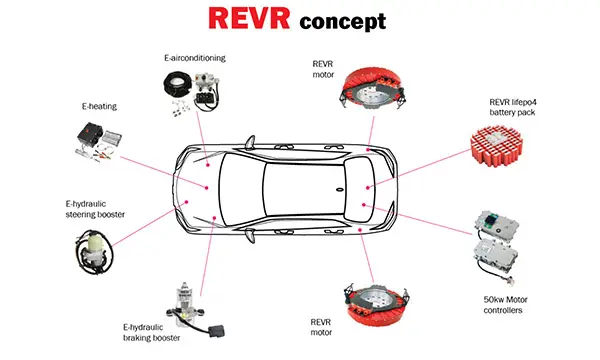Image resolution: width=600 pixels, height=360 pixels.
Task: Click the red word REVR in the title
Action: (249, 18)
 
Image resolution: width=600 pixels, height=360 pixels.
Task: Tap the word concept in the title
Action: (343, 22)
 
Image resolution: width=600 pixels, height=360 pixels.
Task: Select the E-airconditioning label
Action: (195, 58)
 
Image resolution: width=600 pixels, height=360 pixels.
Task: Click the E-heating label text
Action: (99, 106)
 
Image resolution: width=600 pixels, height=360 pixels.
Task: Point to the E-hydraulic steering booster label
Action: (95, 209)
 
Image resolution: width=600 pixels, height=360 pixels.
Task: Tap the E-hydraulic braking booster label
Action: (152, 332)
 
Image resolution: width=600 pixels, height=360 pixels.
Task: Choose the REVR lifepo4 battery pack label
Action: (513, 107)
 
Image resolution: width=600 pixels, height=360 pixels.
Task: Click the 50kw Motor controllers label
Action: (505, 305)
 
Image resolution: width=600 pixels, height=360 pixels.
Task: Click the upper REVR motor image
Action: (371, 89)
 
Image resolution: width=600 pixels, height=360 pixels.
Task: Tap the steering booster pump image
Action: (94, 251)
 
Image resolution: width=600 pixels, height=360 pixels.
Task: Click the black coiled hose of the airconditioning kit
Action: (177, 85)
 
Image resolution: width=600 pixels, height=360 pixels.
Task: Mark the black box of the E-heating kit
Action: (89, 134)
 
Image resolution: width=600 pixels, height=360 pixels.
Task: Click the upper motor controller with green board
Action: (497, 223)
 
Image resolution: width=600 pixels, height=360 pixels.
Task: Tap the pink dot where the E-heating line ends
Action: (207, 188)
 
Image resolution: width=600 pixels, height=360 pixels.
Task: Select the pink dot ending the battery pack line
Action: (367, 187)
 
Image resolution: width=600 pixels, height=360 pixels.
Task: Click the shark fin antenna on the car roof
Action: (339, 189)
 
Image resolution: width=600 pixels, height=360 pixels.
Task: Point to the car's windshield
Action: (241, 189)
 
